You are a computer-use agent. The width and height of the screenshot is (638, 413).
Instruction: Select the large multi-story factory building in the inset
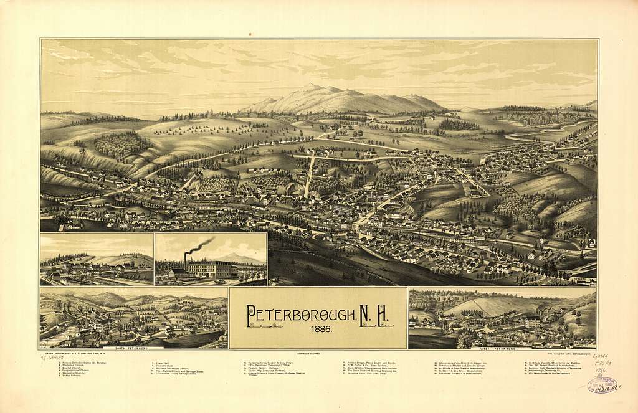(x=209, y=269)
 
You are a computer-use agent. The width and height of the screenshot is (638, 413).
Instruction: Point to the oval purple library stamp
(x=602, y=384)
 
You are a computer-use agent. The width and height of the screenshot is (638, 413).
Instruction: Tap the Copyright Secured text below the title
(x=309, y=353)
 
